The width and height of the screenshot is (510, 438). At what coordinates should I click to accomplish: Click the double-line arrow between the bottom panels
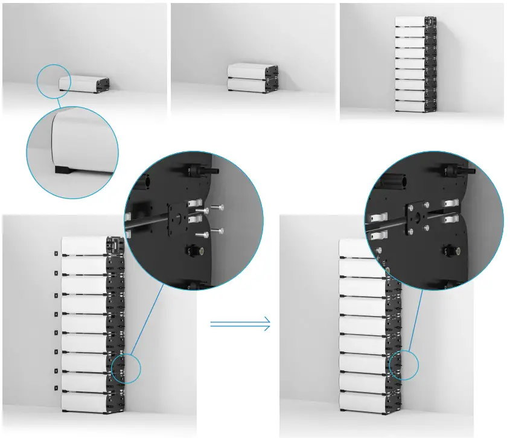click(x=240, y=324)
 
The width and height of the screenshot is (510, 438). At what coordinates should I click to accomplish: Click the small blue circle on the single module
click(x=53, y=80)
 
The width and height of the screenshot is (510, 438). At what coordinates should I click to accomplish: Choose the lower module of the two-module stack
click(x=248, y=85)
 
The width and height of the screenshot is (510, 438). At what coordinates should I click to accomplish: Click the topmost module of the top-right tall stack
click(x=410, y=21)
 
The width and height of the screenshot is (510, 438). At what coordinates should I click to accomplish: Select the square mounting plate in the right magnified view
click(x=418, y=217)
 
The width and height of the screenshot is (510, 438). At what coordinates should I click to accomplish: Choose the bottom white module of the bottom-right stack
click(x=362, y=402)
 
